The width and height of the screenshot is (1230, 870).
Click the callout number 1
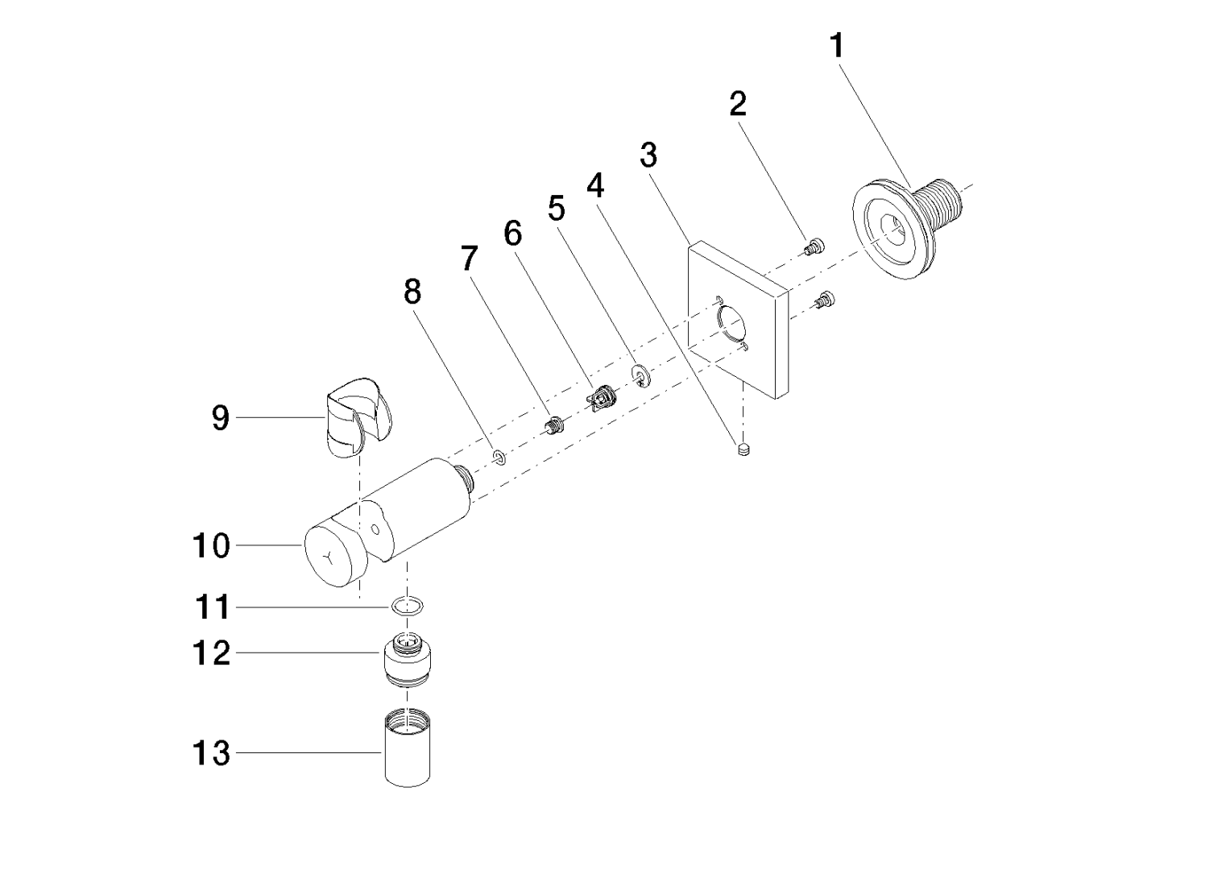(838, 46)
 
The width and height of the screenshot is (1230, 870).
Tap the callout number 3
(648, 154)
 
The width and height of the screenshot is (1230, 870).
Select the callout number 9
(220, 417)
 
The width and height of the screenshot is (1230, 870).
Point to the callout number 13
(211, 754)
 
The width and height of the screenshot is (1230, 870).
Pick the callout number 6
(512, 234)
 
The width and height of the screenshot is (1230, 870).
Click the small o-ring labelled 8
(499, 458)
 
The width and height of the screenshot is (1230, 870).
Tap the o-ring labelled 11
(408, 606)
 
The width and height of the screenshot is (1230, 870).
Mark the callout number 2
(737, 104)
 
